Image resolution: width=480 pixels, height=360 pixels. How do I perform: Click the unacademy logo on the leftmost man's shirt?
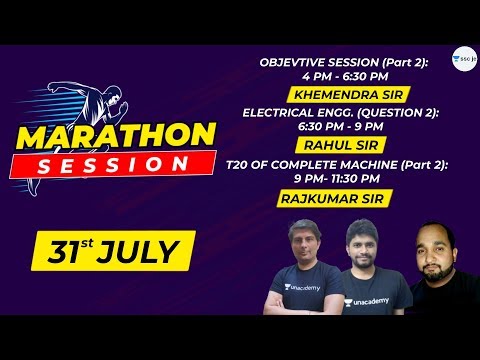(300, 288)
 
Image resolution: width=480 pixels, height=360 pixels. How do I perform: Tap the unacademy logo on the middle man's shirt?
(366, 299)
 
